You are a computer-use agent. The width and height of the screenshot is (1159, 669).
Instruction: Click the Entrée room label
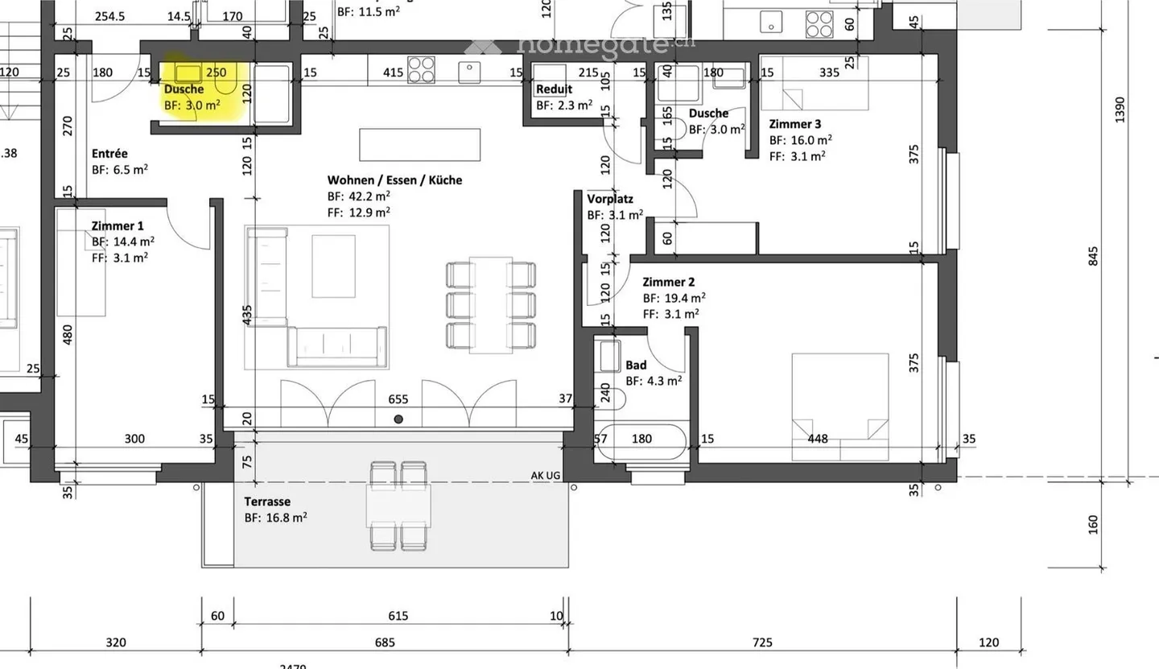coord(109,153)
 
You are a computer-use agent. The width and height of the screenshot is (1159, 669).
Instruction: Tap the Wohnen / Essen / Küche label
coord(394,180)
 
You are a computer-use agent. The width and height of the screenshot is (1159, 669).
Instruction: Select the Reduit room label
coord(555,89)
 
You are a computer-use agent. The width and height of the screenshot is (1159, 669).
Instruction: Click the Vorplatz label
coord(610,199)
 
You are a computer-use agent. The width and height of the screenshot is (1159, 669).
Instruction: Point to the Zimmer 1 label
coord(118,225)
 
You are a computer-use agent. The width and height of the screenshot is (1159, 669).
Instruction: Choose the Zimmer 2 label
coord(668,282)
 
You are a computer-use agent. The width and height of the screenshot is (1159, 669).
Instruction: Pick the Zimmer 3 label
coord(795,124)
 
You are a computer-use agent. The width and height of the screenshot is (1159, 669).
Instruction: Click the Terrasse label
coord(267,502)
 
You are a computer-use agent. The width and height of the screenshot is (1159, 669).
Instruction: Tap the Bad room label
coord(636,365)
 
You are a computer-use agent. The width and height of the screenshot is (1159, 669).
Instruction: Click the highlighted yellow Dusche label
coord(184,89)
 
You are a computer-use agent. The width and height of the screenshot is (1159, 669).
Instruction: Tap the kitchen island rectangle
coord(419,146)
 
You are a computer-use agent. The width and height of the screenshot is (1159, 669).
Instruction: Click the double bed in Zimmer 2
coord(840,407)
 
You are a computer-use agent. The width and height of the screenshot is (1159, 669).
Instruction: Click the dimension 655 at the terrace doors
coord(398,399)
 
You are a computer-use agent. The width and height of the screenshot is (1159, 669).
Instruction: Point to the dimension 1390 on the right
coord(1120,109)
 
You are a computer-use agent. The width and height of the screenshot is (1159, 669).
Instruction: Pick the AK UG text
coord(546,476)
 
